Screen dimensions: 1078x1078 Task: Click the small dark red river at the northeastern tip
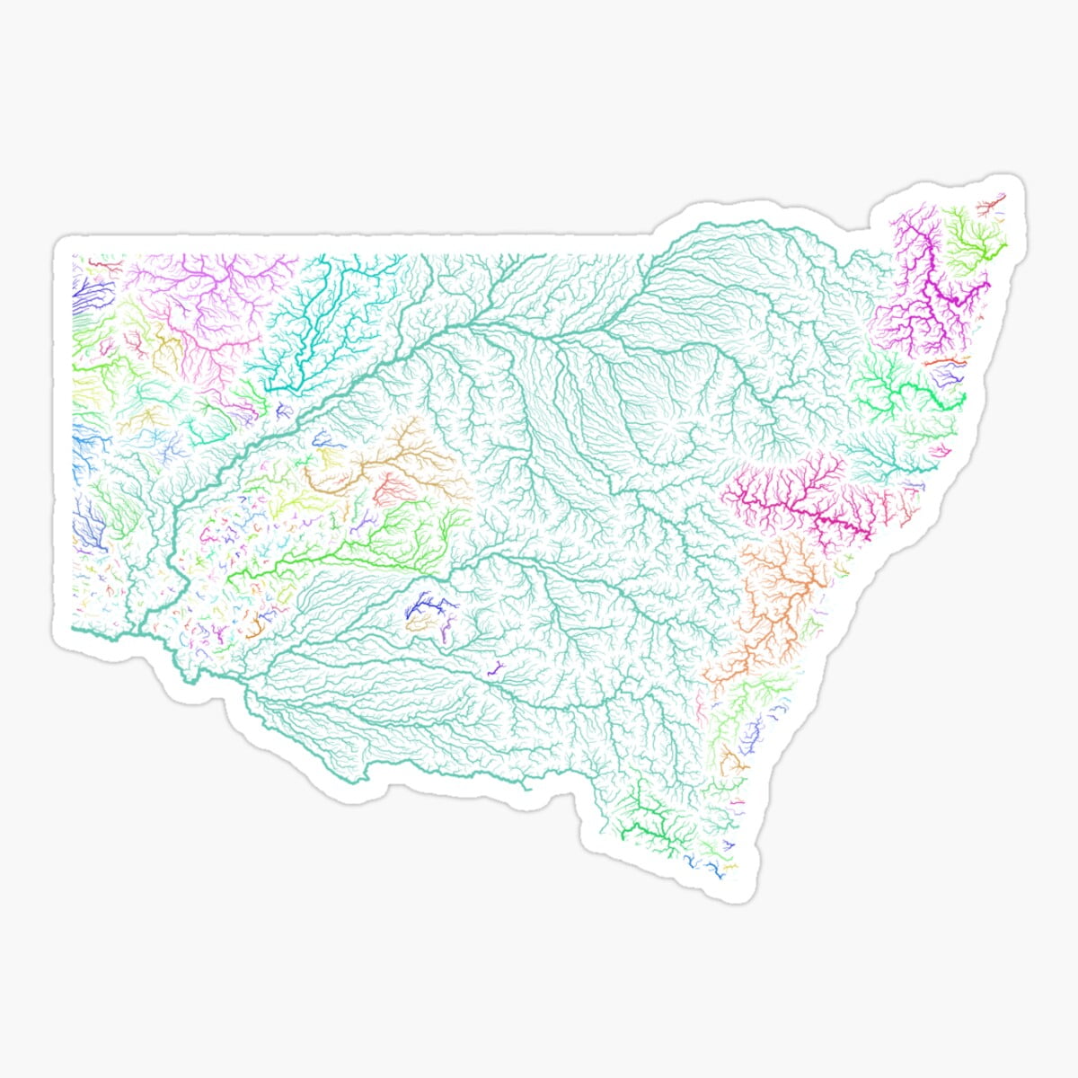pyautogui.click(x=991, y=208)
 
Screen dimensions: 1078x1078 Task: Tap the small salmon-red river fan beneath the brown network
pyautogui.click(x=392, y=490)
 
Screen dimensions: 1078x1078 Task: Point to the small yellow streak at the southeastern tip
pyautogui.click(x=730, y=867)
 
